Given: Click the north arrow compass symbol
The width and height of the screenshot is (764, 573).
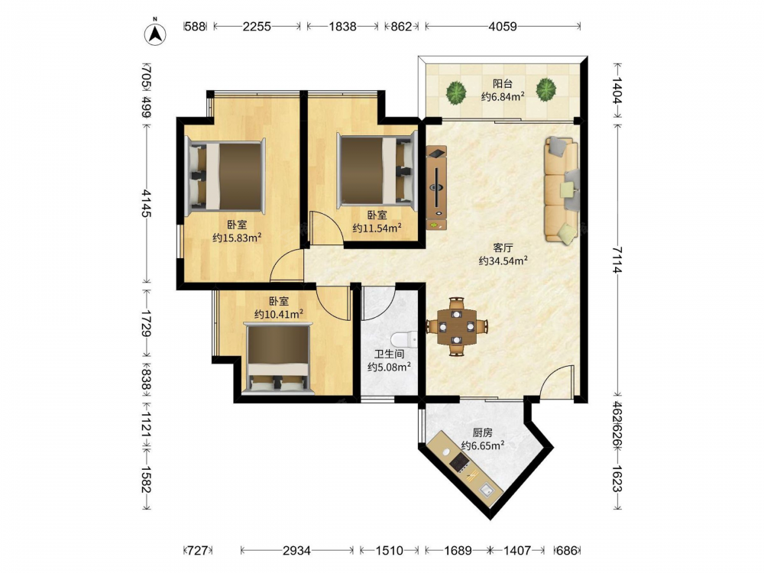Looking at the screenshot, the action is point(155,33).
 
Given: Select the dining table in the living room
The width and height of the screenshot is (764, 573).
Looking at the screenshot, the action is point(456,326).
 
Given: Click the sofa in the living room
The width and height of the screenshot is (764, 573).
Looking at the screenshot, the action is point(562,189).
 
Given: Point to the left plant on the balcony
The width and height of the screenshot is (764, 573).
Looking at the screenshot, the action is point(456,91).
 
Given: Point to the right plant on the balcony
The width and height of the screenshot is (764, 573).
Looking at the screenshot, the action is point(545,90).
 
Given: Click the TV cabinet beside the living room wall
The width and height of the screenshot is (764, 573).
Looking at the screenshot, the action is point(436,188).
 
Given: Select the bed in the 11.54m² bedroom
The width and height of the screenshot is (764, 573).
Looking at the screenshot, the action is point(377,170).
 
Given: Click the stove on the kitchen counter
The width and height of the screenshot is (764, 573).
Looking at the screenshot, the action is point(459,462).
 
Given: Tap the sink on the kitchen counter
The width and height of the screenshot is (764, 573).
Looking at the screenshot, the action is point(486,490).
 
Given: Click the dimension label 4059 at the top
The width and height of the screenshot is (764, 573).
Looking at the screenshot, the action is point(503,26).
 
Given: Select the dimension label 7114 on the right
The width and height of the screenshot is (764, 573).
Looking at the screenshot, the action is point(617,260).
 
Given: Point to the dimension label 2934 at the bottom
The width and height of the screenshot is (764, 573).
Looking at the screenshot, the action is point(296,551).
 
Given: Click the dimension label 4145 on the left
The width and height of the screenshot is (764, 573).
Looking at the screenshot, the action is point(146,203).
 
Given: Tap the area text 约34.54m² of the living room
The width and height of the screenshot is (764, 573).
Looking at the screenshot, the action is point(503,261).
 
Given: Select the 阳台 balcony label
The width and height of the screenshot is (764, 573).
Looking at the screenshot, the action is point(503,83).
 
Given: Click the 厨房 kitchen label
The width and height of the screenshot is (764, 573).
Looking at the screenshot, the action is point(482,432).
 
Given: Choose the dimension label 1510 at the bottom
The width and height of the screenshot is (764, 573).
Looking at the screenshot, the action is point(390,551).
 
